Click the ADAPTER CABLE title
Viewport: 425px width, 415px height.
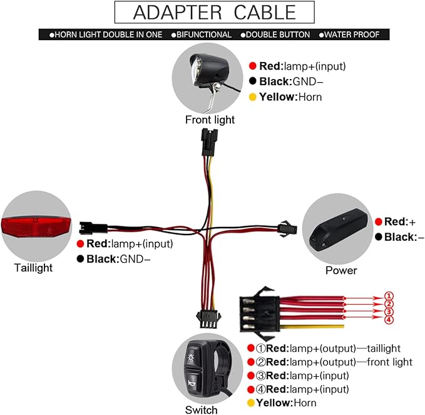(215, 13)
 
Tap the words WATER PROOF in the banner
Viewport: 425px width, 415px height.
(352, 34)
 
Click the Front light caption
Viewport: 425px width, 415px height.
(210, 120)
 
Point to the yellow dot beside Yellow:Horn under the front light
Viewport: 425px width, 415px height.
(252, 97)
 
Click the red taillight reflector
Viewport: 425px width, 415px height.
(36, 227)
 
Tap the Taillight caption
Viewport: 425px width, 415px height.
(33, 268)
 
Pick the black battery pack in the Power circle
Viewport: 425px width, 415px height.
(339, 229)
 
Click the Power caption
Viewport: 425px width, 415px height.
(341, 270)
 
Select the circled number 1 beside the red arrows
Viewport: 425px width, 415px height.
(389, 296)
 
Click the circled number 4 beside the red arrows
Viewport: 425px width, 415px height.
(389, 320)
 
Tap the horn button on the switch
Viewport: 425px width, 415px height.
(192, 382)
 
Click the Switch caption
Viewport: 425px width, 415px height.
(201, 410)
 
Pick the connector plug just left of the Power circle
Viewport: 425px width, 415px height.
(287, 228)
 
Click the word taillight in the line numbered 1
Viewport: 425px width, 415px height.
(384, 348)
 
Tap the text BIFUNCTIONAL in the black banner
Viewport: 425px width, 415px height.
(204, 34)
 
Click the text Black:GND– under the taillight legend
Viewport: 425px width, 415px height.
(118, 259)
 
